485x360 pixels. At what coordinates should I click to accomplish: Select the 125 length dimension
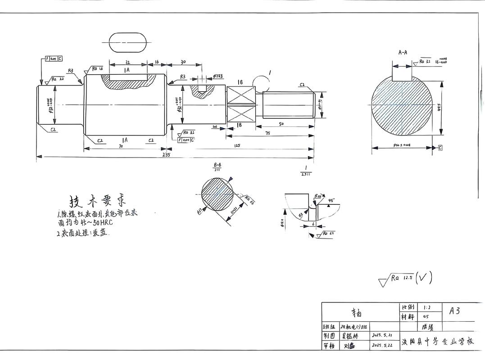point(237,145)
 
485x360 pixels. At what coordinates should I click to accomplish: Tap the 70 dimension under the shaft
point(121,146)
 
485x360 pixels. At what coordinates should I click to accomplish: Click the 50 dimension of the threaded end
point(281,124)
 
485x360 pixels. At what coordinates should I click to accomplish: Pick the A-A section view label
point(403,52)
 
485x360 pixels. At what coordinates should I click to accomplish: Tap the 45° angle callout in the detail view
point(332,200)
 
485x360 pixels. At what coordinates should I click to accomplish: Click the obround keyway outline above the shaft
point(128,42)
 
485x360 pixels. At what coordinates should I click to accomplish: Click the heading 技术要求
point(96,201)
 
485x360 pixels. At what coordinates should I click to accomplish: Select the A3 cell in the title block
point(454,310)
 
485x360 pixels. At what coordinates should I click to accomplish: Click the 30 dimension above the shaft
point(183,62)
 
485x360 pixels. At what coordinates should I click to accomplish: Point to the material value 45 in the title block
point(426,317)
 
